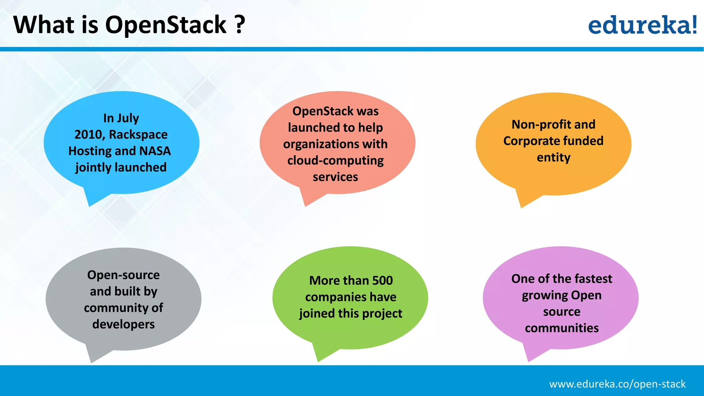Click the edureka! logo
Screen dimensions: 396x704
coord(642,25)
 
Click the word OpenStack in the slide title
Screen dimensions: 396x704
coord(165,25)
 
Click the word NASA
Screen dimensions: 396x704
coord(155,151)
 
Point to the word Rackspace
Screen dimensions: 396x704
coord(138,134)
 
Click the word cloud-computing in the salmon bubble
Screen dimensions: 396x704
coord(335,161)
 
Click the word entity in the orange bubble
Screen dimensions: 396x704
coord(553,157)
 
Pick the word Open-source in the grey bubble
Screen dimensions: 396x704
coord(123,275)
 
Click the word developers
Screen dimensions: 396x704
coord(123,324)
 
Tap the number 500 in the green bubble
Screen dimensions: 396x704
coord(382,280)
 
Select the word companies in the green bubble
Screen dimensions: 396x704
coord(333,297)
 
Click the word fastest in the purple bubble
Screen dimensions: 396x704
coord(593,279)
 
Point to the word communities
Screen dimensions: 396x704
coord(562,328)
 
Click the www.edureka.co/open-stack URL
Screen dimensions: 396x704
coord(617,384)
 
